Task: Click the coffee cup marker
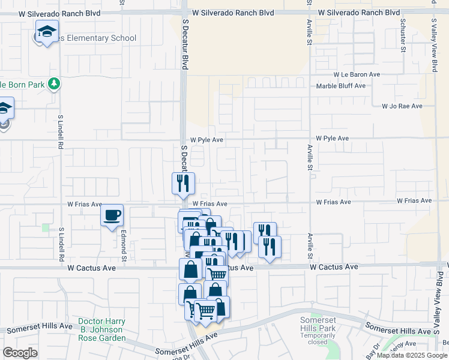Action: click(x=112, y=216)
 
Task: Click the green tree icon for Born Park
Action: click(x=55, y=83)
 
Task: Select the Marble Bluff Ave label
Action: click(x=341, y=86)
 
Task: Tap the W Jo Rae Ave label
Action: click(x=402, y=106)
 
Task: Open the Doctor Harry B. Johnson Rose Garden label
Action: click(x=101, y=330)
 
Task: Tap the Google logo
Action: click(x=20, y=353)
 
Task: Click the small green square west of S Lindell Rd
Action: click(x=46, y=227)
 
